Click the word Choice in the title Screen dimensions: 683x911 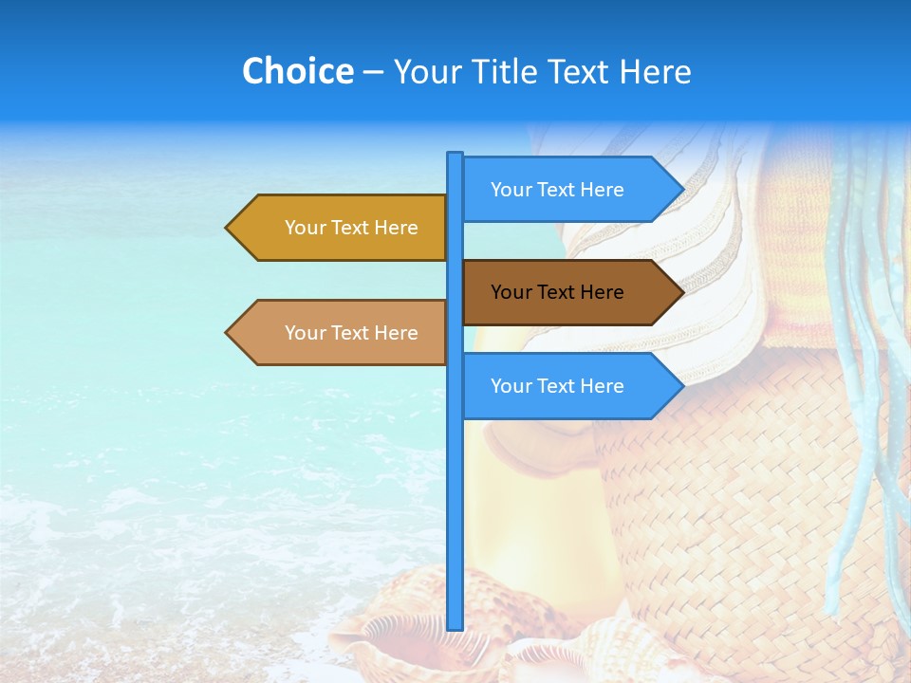coord(297,71)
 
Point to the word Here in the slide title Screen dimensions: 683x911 coord(655,71)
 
